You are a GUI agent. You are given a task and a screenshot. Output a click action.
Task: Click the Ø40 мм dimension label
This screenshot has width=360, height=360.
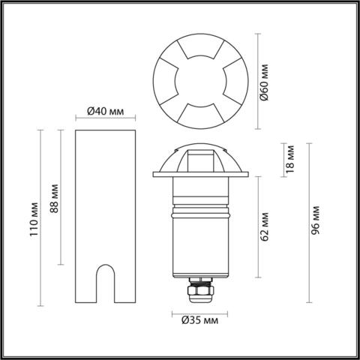[105, 111]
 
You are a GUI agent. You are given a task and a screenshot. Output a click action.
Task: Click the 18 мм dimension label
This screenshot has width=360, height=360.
[291, 159]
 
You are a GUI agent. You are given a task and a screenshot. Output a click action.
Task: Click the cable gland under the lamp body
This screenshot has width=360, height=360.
[200, 292]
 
